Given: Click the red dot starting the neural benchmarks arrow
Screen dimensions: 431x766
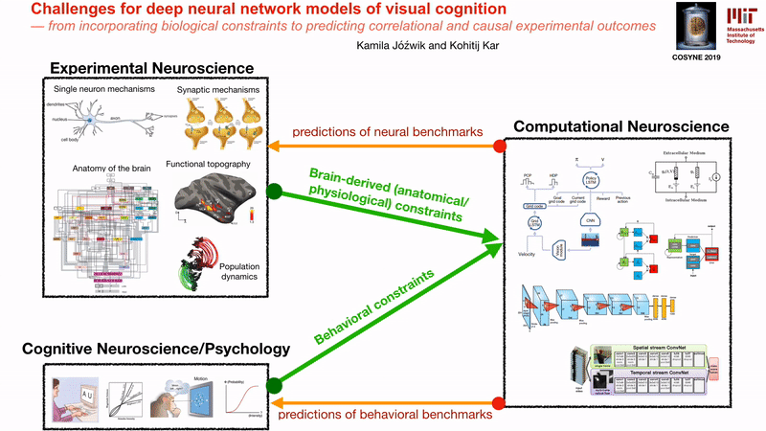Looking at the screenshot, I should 499,147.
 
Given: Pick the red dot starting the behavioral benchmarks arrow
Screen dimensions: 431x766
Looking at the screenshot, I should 499,402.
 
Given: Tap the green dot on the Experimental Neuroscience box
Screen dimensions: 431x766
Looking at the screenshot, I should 274,191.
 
